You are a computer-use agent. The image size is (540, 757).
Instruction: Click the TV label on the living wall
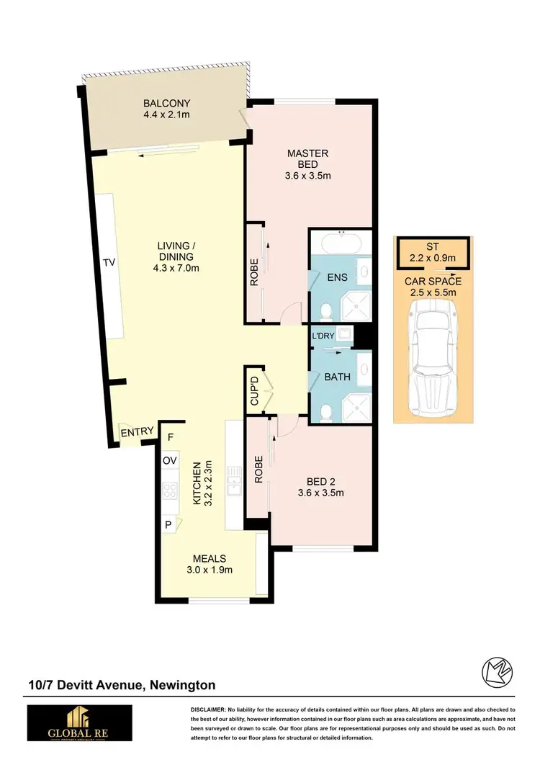pos(109,263)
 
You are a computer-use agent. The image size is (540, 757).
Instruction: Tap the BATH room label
pos(337,377)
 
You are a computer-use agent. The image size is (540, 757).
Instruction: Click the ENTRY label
pos(137,432)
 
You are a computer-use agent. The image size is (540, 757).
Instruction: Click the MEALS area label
pos(209,558)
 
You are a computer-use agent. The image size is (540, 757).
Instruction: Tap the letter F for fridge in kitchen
pos(171,437)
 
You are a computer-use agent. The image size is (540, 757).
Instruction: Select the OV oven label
pos(170,460)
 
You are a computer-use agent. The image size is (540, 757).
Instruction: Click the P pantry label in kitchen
pos(168,525)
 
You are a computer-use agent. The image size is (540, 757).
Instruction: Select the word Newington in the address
pos(181,685)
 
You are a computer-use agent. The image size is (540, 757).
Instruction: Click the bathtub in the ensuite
pos(341,243)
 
